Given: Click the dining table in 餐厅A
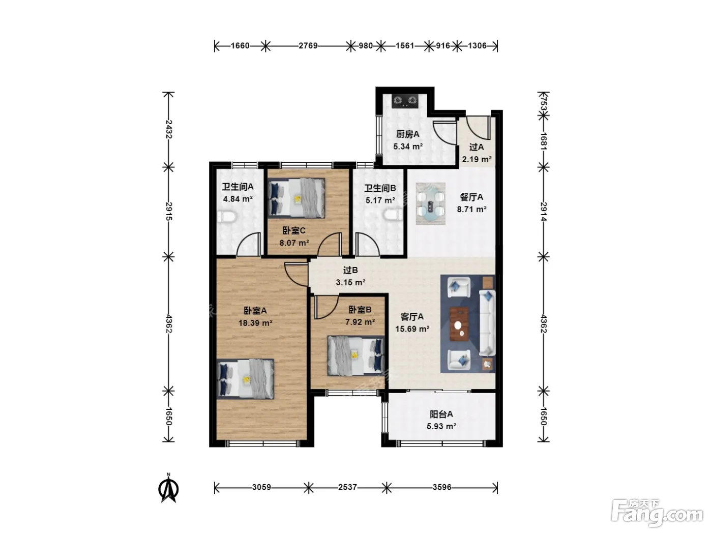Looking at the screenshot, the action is (x=430, y=203).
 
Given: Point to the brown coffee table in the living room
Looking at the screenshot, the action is (x=459, y=324).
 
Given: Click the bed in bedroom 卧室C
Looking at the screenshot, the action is (x=296, y=198).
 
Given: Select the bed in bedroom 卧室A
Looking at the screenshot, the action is (x=246, y=379).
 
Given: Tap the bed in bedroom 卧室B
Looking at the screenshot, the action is (x=356, y=356).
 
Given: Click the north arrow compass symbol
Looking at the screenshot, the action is (x=169, y=488).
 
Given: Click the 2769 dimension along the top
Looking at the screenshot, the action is (x=308, y=46).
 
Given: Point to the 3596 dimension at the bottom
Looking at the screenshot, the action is (x=442, y=487).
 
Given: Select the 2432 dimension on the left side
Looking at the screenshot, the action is (x=168, y=129).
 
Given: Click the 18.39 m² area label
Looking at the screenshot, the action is (x=255, y=323).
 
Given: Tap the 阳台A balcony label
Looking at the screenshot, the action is (x=441, y=414).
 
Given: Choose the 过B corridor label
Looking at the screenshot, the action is (x=350, y=270).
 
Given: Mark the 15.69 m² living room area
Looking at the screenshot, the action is (x=412, y=329).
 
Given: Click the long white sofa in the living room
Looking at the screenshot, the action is (x=487, y=323).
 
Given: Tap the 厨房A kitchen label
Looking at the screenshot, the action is (x=408, y=134).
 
